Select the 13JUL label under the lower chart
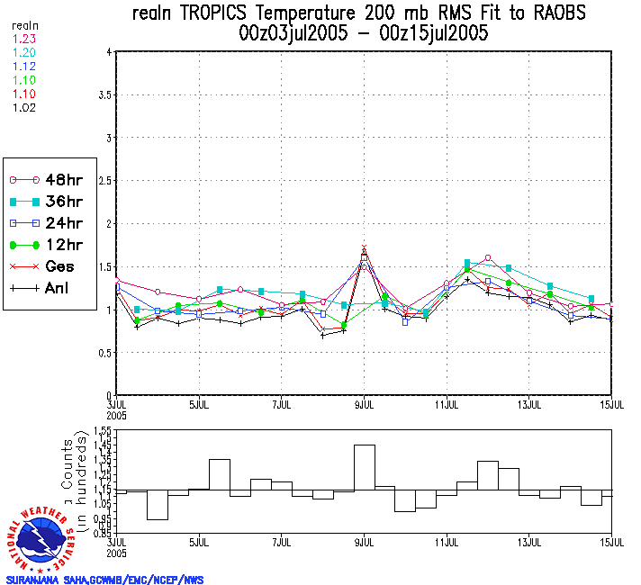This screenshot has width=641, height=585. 529,544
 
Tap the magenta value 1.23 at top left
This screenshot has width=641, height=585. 24,39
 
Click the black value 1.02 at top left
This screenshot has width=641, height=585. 24,107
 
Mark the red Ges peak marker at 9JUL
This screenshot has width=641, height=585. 365,247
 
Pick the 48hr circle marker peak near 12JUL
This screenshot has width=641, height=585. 488,258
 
